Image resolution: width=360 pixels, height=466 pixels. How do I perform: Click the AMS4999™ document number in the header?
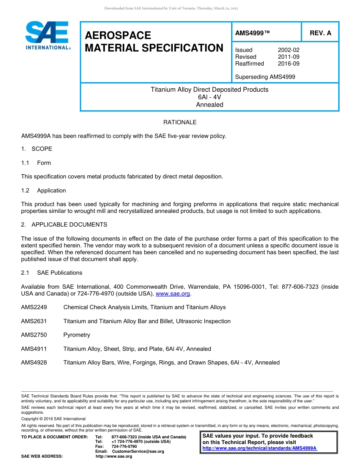(252, 33)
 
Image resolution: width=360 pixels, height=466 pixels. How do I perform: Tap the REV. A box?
(320, 33)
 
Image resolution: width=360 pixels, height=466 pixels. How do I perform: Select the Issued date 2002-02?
(288, 50)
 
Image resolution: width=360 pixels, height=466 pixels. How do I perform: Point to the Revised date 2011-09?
(288, 57)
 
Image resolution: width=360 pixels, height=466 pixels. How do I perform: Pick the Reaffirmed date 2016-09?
(288, 64)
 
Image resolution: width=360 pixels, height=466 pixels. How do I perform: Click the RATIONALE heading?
(180, 122)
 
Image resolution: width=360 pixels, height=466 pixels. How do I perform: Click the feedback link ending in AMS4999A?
(260, 448)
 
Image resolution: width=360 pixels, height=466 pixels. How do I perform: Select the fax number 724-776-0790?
(124, 447)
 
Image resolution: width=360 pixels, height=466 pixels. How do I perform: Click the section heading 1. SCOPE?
(37, 149)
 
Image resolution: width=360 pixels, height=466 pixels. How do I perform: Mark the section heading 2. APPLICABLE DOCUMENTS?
(64, 225)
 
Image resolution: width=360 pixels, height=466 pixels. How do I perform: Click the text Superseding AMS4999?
(265, 77)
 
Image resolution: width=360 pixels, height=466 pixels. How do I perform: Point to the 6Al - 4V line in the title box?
(210, 97)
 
